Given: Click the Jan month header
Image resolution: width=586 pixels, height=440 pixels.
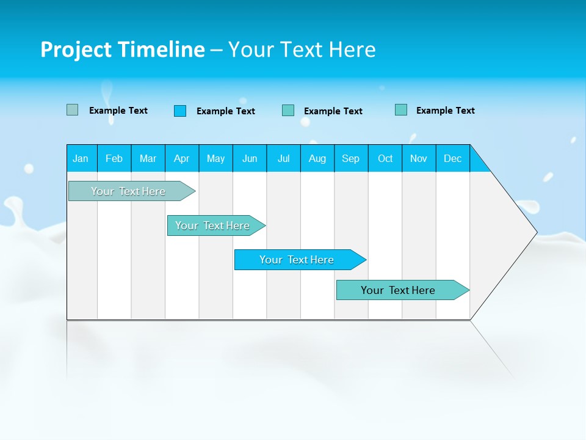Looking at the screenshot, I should (x=81, y=158).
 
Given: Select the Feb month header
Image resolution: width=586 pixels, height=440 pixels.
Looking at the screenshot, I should (x=114, y=158).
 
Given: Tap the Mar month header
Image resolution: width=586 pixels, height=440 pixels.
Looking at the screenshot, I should (x=148, y=158).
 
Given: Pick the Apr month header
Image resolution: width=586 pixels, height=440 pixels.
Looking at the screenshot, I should (x=182, y=158).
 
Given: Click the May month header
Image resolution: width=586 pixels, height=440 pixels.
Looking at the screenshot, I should (x=215, y=158).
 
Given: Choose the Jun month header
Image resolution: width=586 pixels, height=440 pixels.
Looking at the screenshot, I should (x=250, y=158).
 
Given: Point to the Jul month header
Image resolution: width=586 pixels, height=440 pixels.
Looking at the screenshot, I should (x=283, y=158).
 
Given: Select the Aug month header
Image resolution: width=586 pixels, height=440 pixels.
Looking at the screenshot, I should (x=317, y=158).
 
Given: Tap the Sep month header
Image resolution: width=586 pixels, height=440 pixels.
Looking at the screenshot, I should (x=351, y=158).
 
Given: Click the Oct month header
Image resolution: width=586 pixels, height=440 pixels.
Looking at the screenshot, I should (x=385, y=158).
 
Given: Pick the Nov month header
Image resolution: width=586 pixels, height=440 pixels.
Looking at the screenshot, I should (x=419, y=158).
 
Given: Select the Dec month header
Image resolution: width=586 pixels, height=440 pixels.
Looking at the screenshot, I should (x=453, y=158).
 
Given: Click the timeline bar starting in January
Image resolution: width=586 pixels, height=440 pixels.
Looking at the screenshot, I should (x=128, y=191).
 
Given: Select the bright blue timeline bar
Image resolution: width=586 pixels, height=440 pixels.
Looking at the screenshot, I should (x=297, y=260).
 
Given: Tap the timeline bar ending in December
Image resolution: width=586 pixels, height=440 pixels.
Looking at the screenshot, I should (x=398, y=290).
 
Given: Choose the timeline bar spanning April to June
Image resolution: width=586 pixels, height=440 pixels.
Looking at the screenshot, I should (x=212, y=226).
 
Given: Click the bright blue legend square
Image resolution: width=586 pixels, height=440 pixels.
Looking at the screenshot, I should (x=180, y=111).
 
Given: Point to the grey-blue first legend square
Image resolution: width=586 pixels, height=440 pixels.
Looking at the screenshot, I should (x=73, y=110).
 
